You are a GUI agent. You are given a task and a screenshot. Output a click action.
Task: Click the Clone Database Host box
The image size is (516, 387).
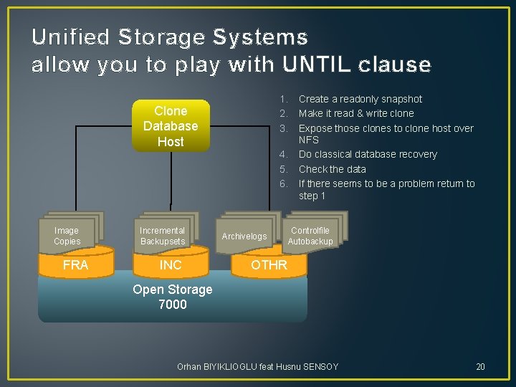tap(171, 126)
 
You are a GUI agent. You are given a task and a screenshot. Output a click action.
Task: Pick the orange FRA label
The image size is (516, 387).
tap(75, 265)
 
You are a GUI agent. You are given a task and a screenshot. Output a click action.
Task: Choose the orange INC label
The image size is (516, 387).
tap(171, 265)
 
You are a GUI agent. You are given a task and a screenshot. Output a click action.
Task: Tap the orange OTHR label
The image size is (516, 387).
tap(269, 265)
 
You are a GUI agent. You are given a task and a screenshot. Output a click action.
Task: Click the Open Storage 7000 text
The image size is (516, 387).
tap(173, 297)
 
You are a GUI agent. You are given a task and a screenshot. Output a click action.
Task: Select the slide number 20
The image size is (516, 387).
tap(480, 367)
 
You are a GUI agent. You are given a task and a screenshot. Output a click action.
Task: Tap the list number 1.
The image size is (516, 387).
tap(284, 99)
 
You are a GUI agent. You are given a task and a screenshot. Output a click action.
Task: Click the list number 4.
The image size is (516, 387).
tap(284, 154)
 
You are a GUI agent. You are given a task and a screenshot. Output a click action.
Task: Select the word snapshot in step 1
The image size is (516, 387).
tap(399, 99)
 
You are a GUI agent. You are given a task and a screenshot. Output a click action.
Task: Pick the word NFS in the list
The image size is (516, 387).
tap(309, 140)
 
